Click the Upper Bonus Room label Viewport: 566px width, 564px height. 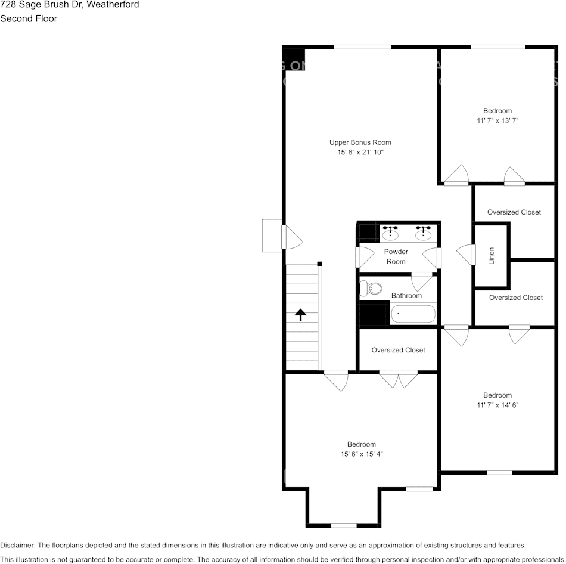pos(360,142)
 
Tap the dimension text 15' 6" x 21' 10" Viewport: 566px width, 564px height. pos(360,153)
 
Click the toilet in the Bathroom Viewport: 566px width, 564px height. pos(372,289)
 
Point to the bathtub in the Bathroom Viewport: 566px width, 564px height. pos(413,314)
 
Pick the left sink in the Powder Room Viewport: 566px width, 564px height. pos(390,233)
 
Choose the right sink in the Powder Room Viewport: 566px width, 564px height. pos(424,233)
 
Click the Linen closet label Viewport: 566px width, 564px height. pos(492,255)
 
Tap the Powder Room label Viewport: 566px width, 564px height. pos(396,256)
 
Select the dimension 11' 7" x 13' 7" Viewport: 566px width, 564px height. pos(497,120)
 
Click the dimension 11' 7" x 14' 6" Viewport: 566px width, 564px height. pos(497,405)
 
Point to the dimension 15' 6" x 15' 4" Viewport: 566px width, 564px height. pos(361,454)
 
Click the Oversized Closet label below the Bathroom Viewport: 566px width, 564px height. pos(398,350)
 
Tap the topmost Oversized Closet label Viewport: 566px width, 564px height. pos(514,212)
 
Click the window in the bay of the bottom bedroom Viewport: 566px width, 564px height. pos(343,525)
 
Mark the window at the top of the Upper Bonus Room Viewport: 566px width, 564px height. pos(362,47)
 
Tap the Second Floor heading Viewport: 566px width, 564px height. pos(29,18)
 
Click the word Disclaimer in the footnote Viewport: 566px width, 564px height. pos(17,545)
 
